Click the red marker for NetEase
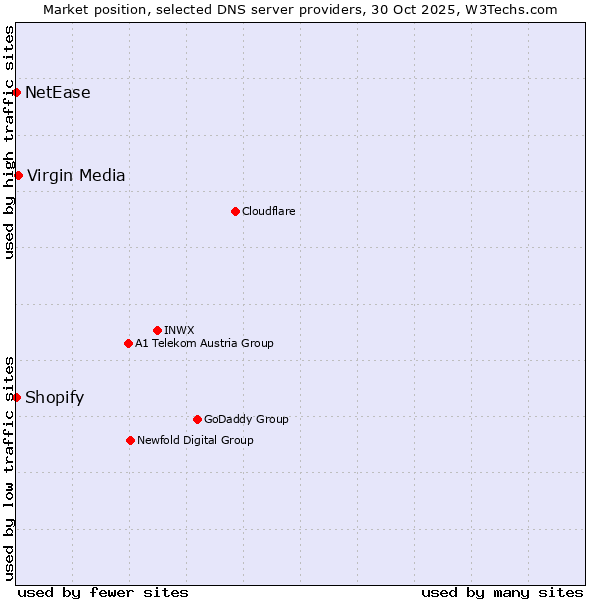coord(17,93)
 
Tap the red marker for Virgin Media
coord(18,176)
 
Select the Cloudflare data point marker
coord(235,211)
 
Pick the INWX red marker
coord(157,330)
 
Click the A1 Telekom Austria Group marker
coord(128,343)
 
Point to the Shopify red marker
coord(17,397)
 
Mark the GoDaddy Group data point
coord(197,419)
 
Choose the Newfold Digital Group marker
coord(130,440)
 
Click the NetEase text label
coord(58,93)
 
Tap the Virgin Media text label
coord(76,176)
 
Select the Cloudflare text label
coord(268,211)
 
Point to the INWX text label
coord(179,330)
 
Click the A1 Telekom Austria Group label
coord(204,343)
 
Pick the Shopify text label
coord(55,398)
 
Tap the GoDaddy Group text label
coord(246,419)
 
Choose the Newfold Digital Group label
coord(195,440)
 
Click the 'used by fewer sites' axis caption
coord(103,592)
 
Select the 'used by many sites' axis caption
coord(502,592)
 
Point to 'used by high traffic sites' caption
coord(9,142)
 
